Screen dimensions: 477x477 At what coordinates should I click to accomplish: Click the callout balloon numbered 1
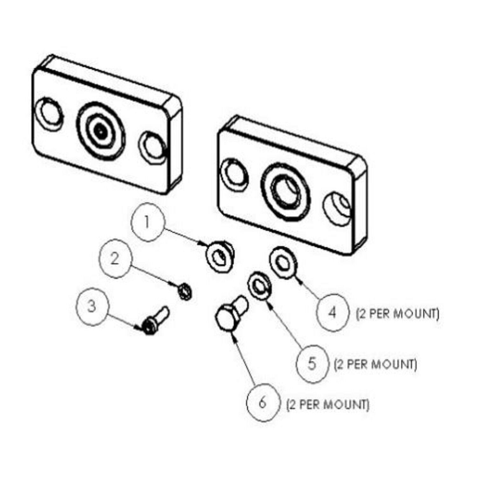(x=147, y=222)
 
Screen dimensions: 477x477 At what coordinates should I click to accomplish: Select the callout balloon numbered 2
(x=115, y=259)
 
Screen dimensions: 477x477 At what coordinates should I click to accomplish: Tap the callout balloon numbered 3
(x=92, y=307)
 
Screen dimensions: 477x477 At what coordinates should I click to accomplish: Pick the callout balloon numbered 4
(x=332, y=313)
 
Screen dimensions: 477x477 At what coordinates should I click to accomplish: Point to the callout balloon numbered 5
(x=312, y=363)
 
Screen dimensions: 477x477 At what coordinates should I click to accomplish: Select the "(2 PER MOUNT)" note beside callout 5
(x=375, y=364)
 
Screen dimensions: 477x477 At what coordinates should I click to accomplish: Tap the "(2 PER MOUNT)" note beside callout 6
(x=328, y=404)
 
